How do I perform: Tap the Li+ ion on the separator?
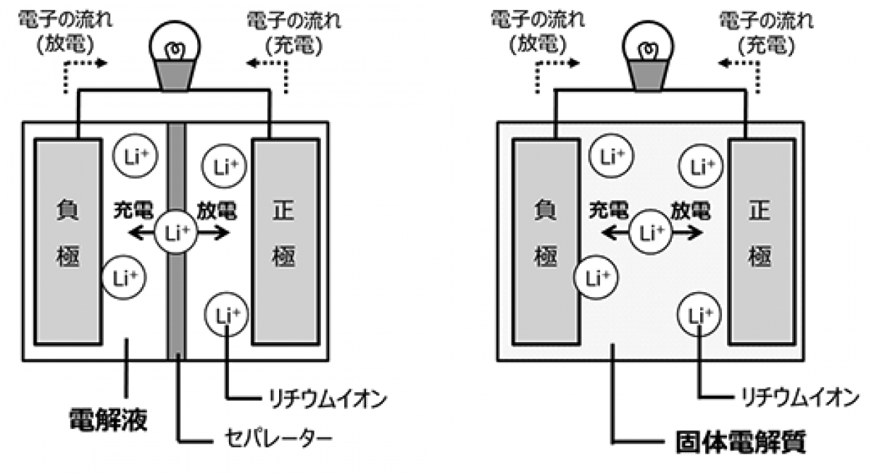point(175,233)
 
